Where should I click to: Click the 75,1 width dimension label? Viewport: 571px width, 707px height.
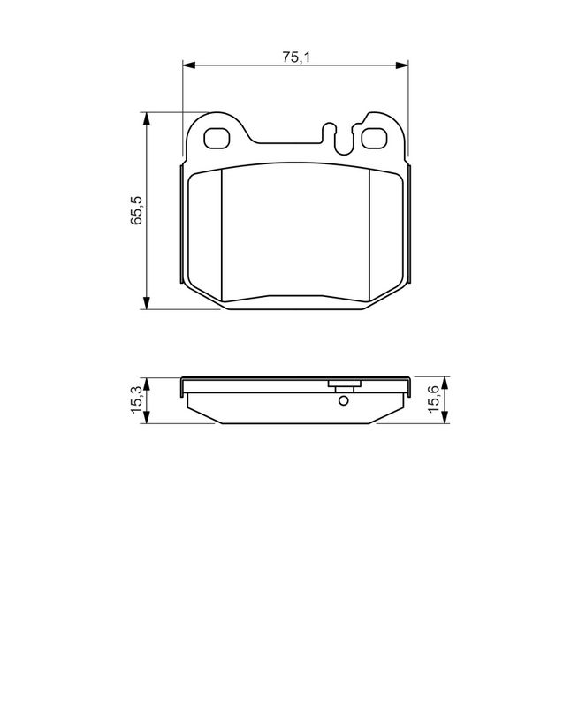point(296,57)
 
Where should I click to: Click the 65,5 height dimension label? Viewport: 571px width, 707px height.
point(136,210)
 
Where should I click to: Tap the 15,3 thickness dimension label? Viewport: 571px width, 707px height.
point(136,400)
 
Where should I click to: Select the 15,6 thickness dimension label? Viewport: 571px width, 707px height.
point(432,399)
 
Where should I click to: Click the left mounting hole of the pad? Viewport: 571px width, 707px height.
point(217,138)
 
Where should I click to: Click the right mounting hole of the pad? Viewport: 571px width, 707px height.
point(374,138)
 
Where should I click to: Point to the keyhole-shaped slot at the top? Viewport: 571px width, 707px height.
point(338,138)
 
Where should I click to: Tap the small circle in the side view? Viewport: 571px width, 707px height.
point(343,400)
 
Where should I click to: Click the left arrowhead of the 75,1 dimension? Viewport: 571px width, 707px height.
point(188,65)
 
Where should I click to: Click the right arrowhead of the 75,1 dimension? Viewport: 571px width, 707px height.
point(402,65)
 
